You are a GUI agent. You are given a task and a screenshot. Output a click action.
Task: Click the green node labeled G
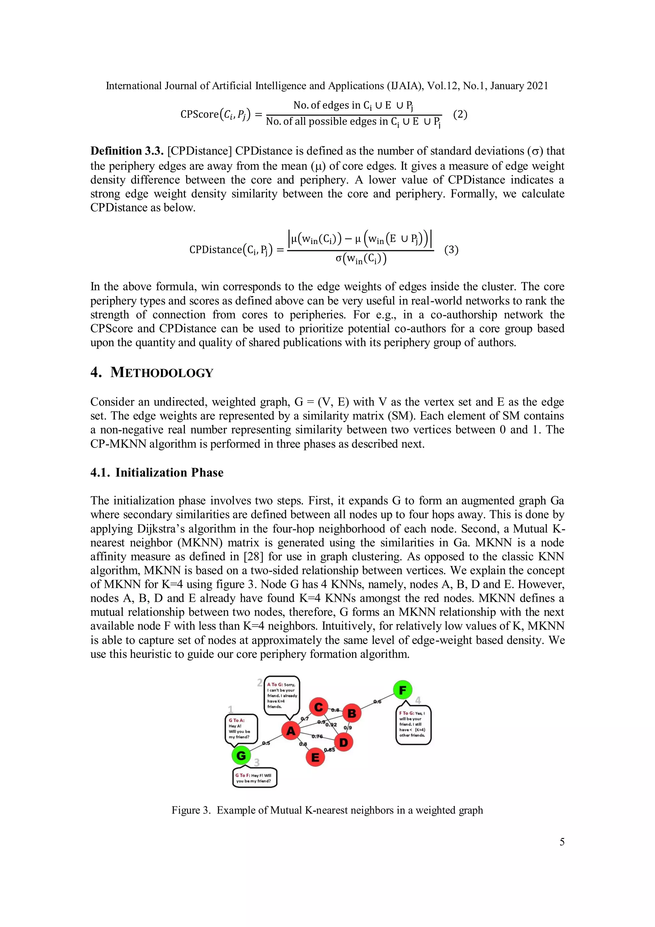click(241, 755)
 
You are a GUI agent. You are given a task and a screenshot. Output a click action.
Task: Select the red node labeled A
click(291, 731)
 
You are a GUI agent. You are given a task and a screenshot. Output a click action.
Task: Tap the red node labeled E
click(315, 757)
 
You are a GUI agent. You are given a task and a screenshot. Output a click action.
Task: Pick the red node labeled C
click(318, 707)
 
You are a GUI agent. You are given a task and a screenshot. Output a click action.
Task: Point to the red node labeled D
click(343, 743)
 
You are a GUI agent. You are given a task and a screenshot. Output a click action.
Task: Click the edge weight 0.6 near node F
click(377, 702)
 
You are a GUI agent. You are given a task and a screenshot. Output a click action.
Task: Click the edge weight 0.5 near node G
click(266, 743)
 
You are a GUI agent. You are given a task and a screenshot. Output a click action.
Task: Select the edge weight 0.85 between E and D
click(329, 750)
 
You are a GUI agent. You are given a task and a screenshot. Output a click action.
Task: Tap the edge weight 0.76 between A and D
click(317, 737)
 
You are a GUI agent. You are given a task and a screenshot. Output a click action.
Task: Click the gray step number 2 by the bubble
click(260, 683)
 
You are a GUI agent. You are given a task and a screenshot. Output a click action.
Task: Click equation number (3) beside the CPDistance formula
click(451, 250)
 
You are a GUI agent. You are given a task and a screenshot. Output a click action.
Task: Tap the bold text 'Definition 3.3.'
click(127, 151)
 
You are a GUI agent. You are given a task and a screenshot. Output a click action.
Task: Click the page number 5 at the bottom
click(562, 842)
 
